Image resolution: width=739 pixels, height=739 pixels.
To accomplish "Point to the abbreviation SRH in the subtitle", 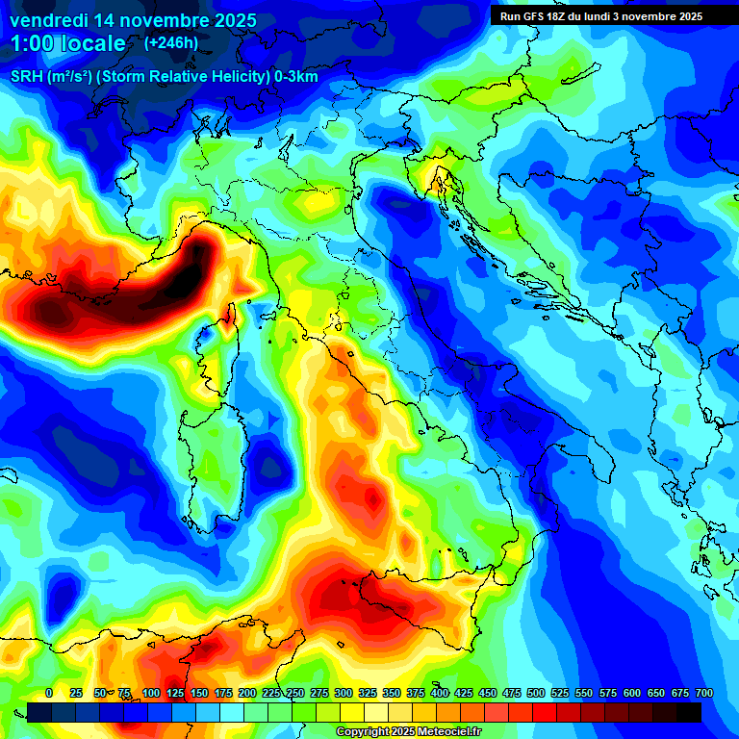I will pyautogui.click(x=26, y=77).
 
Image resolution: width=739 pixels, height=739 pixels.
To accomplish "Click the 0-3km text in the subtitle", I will pyautogui.click(x=295, y=77).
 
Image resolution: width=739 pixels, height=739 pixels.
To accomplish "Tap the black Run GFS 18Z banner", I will pyautogui.click(x=602, y=16).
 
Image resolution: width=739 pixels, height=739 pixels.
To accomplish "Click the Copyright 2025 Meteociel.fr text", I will pyautogui.click(x=409, y=732).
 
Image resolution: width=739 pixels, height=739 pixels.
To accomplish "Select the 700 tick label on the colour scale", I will pyautogui.click(x=703, y=693).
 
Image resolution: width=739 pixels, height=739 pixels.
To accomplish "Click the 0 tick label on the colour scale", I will pyautogui.click(x=49, y=693).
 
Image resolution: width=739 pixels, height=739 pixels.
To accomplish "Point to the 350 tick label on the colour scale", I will pyautogui.click(x=392, y=693).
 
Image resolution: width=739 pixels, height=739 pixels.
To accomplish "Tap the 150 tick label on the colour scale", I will pyautogui.click(x=199, y=693).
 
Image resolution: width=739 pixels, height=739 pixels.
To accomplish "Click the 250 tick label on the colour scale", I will pyautogui.click(x=295, y=693).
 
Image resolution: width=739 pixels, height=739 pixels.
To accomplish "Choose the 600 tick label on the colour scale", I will pyautogui.click(x=632, y=693).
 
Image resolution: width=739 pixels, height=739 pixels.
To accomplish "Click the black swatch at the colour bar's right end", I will pyautogui.click(x=689, y=712).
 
